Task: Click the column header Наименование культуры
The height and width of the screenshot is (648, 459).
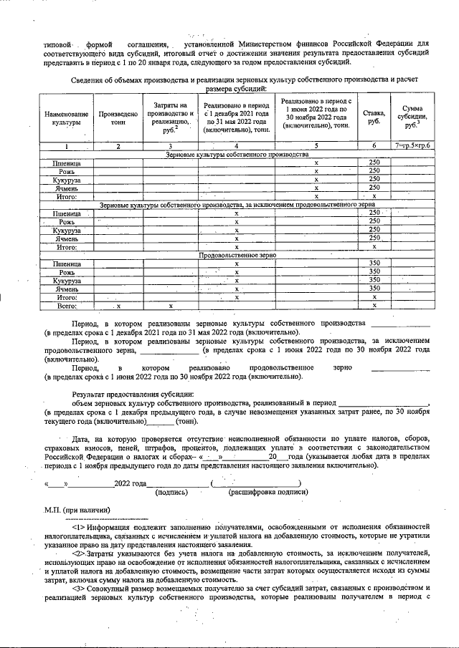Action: click(x=66, y=119)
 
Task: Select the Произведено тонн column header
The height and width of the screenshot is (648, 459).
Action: click(x=118, y=119)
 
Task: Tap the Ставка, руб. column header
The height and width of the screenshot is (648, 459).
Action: click(x=374, y=116)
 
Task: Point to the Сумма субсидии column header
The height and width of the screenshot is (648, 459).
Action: click(x=412, y=116)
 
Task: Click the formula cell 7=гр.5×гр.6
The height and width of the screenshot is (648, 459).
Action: click(x=412, y=146)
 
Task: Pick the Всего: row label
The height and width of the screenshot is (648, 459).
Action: click(x=67, y=306)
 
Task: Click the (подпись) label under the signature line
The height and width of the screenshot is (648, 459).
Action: click(x=174, y=492)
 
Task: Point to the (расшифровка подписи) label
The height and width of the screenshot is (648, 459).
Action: click(x=262, y=492)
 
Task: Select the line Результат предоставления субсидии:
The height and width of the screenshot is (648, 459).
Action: click(x=133, y=395)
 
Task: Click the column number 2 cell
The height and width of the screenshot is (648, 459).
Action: click(x=118, y=146)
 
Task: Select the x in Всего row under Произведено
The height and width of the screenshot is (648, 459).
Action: click(x=118, y=306)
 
